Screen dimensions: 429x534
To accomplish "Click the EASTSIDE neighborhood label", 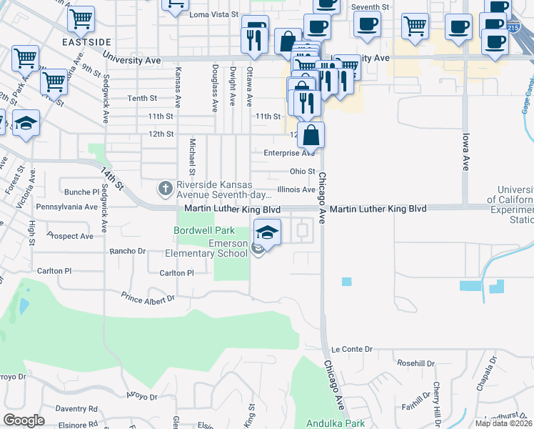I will pos(81,42).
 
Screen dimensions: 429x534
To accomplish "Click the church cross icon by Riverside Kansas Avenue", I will pos(165,189).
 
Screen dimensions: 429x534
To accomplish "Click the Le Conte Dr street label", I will pos(353,349).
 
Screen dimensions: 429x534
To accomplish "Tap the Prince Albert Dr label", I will pos(147,297).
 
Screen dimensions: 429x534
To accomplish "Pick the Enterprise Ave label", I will pos(288,153).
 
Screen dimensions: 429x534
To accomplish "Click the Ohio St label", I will pos(302,172).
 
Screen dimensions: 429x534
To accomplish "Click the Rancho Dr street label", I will pos(127,251).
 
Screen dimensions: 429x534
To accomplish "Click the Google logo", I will pos(24,420).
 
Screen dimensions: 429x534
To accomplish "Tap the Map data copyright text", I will pos(503,423).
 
